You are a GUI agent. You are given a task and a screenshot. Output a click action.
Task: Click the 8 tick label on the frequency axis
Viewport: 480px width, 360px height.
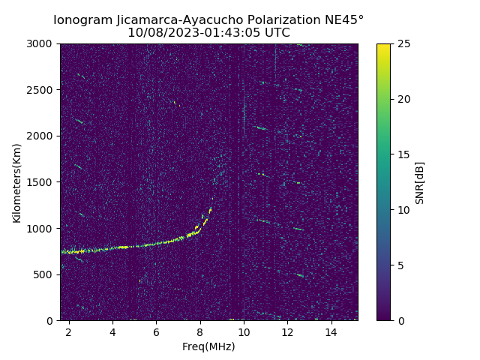click(x=200, y=331)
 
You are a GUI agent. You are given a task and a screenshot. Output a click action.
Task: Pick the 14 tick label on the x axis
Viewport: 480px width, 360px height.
click(x=331, y=331)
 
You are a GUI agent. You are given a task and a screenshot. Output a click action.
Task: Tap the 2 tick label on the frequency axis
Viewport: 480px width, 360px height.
click(x=69, y=331)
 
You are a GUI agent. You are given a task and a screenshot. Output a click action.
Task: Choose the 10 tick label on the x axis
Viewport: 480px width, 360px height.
click(x=244, y=331)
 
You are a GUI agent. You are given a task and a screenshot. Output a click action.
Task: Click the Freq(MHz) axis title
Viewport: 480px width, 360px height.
click(x=208, y=346)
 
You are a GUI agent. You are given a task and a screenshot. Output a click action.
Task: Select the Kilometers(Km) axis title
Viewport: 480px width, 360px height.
click(x=17, y=182)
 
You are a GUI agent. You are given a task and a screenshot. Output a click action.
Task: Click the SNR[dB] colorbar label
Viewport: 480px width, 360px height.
click(x=420, y=182)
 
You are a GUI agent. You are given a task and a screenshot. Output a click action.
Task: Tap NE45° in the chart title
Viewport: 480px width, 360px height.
click(x=346, y=19)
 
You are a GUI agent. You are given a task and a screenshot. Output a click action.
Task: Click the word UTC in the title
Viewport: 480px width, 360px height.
click(x=277, y=33)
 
